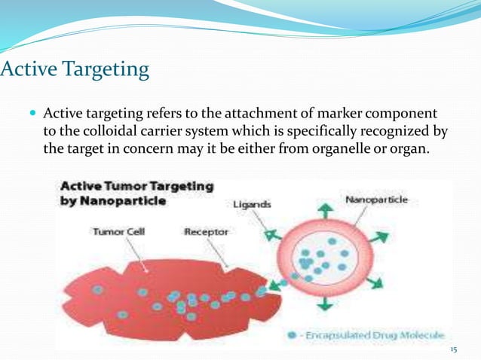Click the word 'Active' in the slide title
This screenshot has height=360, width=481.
(27, 71)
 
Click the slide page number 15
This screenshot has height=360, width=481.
(453, 350)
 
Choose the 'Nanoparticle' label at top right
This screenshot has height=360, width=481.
(376, 200)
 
